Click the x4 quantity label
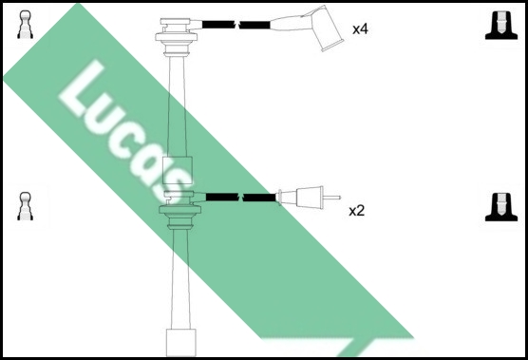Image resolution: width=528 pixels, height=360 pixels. click(x=360, y=29)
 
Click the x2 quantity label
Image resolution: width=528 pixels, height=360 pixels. click(x=357, y=211)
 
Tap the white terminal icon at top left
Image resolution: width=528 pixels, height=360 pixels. click(x=26, y=25)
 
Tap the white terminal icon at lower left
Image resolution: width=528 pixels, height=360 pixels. click(x=26, y=206)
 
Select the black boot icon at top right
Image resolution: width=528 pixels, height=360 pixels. click(x=501, y=26)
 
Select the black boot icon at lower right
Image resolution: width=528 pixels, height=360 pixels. click(x=501, y=207)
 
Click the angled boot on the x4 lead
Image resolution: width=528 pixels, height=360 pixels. click(x=324, y=28)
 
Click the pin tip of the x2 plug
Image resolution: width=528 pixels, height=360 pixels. click(x=339, y=198)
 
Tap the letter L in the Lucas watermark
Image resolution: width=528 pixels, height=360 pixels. click(x=82, y=89)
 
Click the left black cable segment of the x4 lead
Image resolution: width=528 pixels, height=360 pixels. click(x=218, y=25)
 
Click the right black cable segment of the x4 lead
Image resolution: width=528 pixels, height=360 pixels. click(x=255, y=25)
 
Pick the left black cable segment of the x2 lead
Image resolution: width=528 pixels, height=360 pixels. click(x=222, y=197)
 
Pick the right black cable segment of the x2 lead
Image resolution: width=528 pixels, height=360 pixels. click(x=259, y=198)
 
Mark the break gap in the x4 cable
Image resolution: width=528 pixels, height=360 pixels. click(x=237, y=25)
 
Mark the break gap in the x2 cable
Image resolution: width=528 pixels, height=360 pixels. click(x=241, y=198)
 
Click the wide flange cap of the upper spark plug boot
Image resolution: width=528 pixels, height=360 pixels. click(x=176, y=37)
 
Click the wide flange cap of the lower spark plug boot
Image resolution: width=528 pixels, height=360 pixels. click(x=179, y=210)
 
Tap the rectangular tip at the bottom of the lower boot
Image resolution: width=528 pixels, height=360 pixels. click(x=181, y=343)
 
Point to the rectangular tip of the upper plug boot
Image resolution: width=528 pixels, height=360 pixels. click(x=178, y=170)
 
